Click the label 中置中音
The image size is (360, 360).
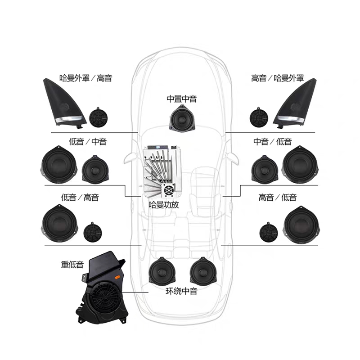(182, 99)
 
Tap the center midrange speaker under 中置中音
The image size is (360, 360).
(182, 118)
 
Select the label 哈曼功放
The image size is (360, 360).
(164, 205)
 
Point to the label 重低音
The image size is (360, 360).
(72, 265)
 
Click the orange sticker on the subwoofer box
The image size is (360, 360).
(117, 277)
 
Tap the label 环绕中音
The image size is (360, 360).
(182, 291)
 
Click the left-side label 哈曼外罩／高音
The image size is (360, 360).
(85, 78)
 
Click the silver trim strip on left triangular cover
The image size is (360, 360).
(69, 119)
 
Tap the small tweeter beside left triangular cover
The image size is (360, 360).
(98, 117)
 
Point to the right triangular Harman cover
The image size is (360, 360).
(295, 103)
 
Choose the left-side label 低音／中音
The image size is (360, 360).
(88, 141)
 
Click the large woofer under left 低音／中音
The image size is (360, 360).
(59, 164)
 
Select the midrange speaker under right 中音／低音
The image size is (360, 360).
(265, 170)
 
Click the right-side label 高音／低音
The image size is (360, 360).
(277, 198)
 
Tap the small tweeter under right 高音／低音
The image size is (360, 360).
(268, 232)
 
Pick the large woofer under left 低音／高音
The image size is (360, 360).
(60, 223)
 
